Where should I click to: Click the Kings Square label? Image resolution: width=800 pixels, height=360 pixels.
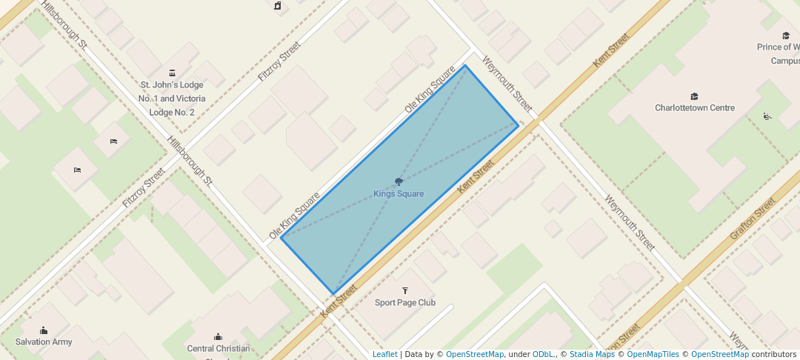coord(399,194)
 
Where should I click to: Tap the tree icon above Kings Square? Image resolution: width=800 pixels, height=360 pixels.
coord(399,181)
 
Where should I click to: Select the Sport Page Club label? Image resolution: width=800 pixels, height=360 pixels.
coord(404,302)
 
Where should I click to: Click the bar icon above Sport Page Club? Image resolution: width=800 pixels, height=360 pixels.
coord(404,290)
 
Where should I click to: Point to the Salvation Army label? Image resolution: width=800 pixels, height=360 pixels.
coord(44,342)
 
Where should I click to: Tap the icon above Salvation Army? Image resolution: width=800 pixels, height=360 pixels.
coord(44,330)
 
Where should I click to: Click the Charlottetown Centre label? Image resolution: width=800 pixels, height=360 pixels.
coord(694,108)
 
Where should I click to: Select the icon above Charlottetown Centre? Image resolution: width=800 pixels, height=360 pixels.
coord(694,96)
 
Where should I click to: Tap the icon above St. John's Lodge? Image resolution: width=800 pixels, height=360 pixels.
coord(172,73)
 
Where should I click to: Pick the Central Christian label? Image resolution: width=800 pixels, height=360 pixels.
coord(218,349)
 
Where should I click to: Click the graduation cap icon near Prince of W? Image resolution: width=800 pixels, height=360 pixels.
coord(785,35)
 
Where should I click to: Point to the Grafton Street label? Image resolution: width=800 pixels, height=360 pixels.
coord(751,219)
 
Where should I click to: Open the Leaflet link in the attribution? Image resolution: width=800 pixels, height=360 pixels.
coord(384,354)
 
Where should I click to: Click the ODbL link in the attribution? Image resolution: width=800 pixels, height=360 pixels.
coord(543,354)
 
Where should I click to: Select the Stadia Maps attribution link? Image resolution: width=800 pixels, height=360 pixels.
coord(592,354)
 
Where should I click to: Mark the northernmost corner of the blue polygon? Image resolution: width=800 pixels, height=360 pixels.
coord(465,65)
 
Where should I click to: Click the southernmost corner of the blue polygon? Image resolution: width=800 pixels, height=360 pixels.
coord(333,294)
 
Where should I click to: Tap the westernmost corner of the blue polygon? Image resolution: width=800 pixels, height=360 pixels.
coord(281,237)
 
